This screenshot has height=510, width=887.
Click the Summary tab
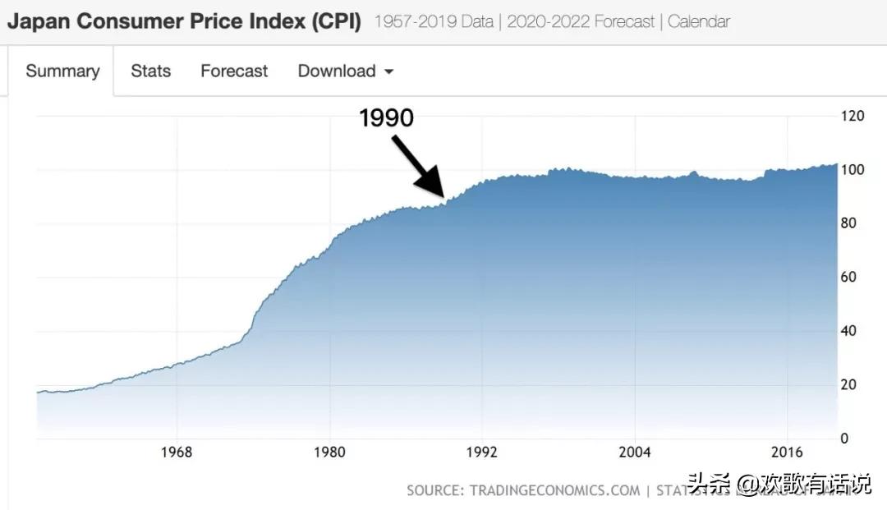pyautogui.click(x=62, y=71)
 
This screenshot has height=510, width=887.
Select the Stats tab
pyautogui.click(x=150, y=71)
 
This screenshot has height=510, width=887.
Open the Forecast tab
pyautogui.click(x=234, y=71)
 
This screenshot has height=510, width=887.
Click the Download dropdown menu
pyautogui.click(x=345, y=71)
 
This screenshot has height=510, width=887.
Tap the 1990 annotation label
pyautogui.click(x=387, y=118)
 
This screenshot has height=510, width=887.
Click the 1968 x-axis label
pyautogui.click(x=177, y=453)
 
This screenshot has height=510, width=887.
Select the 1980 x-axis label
pyautogui.click(x=329, y=453)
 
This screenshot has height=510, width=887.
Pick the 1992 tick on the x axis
pyautogui.click(x=482, y=453)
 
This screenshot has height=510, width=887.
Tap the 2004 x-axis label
pyautogui.click(x=635, y=453)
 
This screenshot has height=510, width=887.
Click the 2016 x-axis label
pyautogui.click(x=788, y=453)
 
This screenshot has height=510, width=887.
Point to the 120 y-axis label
pyautogui.click(x=853, y=116)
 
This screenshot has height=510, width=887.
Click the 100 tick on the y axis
pyautogui.click(x=853, y=170)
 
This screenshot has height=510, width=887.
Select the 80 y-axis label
pyautogui.click(x=850, y=223)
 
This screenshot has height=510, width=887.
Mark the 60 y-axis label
pyautogui.click(x=850, y=278)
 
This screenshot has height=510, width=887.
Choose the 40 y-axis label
pyautogui.click(x=850, y=331)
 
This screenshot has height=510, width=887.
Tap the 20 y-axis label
pyautogui.click(x=850, y=385)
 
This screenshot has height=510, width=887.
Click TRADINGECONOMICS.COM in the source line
pyautogui.click(x=554, y=490)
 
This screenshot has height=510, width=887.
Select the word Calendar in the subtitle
pyautogui.click(x=698, y=21)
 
